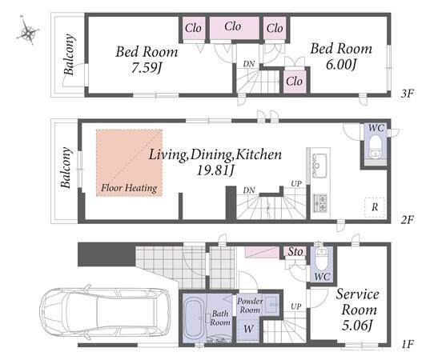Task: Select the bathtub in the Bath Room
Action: click(193, 319)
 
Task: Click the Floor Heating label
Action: click(129, 188)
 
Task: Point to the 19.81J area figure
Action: click(215, 170)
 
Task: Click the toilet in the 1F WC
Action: click(322, 259)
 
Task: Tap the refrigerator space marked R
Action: click(375, 207)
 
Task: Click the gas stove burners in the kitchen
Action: click(319, 202)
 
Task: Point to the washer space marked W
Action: click(248, 329)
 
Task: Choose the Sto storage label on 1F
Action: click(295, 251)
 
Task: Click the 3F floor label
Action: click(407, 93)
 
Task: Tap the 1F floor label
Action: click(408, 344)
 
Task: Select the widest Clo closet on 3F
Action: click(234, 28)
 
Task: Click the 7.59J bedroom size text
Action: click(147, 68)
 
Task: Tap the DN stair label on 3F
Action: click(249, 64)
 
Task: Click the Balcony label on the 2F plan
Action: click(66, 167)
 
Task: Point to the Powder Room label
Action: click(250, 305)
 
